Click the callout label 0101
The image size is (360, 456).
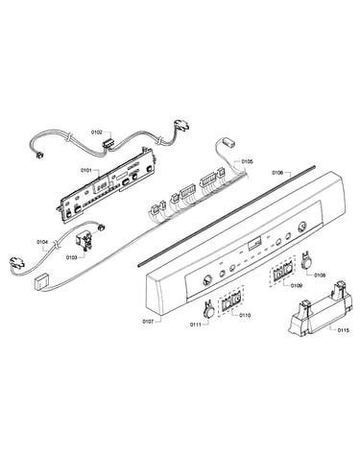[x=85, y=170]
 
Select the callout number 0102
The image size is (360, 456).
[x=96, y=132]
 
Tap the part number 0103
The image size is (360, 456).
[x=71, y=257]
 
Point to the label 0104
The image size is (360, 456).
[x=42, y=242]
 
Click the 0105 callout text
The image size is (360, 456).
[x=247, y=161]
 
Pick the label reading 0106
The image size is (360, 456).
[x=277, y=173]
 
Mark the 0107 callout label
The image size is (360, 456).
[x=148, y=321]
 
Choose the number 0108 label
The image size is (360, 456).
[x=320, y=275]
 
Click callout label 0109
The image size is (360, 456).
[x=297, y=285]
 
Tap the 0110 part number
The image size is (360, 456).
[x=245, y=315]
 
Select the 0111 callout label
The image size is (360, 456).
[x=196, y=324]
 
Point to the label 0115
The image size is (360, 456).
[x=343, y=330]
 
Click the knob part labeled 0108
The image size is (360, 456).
[x=307, y=260]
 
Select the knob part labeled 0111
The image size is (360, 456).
[x=209, y=309]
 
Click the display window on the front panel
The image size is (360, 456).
[x=254, y=245]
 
